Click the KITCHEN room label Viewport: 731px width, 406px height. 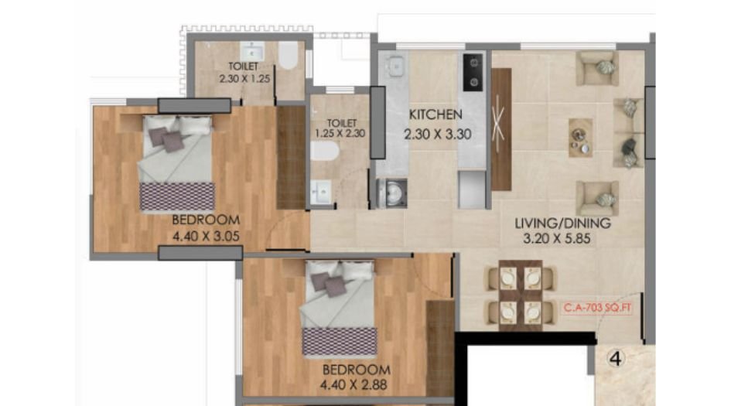(436, 115)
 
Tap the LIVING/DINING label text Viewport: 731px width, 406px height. (562, 223)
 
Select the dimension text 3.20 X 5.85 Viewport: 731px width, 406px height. (562, 239)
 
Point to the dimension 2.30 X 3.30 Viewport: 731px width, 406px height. (437, 134)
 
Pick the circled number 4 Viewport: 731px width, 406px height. (616, 359)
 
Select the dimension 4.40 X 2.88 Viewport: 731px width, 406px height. (356, 384)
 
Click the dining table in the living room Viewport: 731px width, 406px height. (519, 295)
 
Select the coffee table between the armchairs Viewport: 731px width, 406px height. (580, 138)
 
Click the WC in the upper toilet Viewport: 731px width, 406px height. (288, 56)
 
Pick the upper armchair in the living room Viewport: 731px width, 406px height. (599, 68)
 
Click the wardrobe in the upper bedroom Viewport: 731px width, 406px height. (291, 158)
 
